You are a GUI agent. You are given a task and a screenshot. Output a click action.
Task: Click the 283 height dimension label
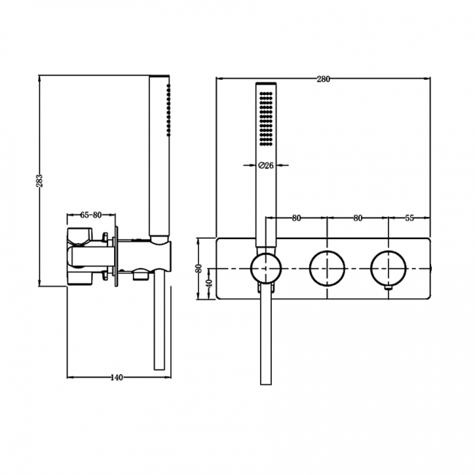[39, 180]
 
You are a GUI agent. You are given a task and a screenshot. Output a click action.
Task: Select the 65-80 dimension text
[91, 215]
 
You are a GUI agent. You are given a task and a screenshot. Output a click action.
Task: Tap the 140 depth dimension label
[115, 378]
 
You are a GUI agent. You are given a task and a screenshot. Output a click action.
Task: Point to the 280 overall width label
[322, 79]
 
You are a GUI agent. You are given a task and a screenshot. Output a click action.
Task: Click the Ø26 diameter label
[266, 166]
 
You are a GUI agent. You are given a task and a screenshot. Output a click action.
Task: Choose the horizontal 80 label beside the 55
[357, 218]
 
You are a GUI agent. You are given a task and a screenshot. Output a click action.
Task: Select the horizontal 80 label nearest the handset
[296, 218]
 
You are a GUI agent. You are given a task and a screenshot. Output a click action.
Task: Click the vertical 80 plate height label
[198, 268]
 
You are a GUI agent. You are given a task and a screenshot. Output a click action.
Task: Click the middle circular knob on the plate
[327, 268]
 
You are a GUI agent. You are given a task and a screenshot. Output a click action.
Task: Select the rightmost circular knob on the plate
[387, 268]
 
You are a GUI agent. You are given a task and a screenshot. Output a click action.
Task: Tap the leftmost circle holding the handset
[266, 268]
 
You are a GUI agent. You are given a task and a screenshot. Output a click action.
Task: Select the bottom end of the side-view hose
[159, 369]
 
